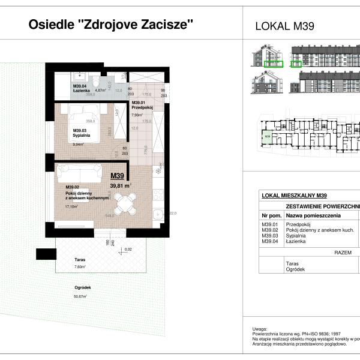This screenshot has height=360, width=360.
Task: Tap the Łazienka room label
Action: [x=80, y=91]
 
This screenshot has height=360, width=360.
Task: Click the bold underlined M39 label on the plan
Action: [x=118, y=176]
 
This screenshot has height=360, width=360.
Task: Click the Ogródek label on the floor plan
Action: [x=82, y=288]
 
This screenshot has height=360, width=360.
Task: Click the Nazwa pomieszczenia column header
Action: [x=313, y=214]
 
